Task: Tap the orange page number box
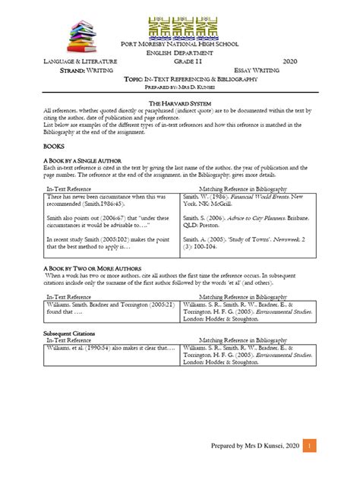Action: coord(308,447)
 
